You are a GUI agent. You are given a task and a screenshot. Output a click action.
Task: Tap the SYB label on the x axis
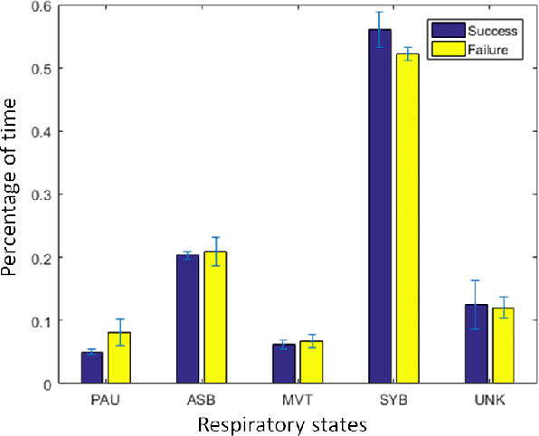393,399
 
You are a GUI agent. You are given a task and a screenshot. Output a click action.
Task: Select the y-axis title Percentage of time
12,194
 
